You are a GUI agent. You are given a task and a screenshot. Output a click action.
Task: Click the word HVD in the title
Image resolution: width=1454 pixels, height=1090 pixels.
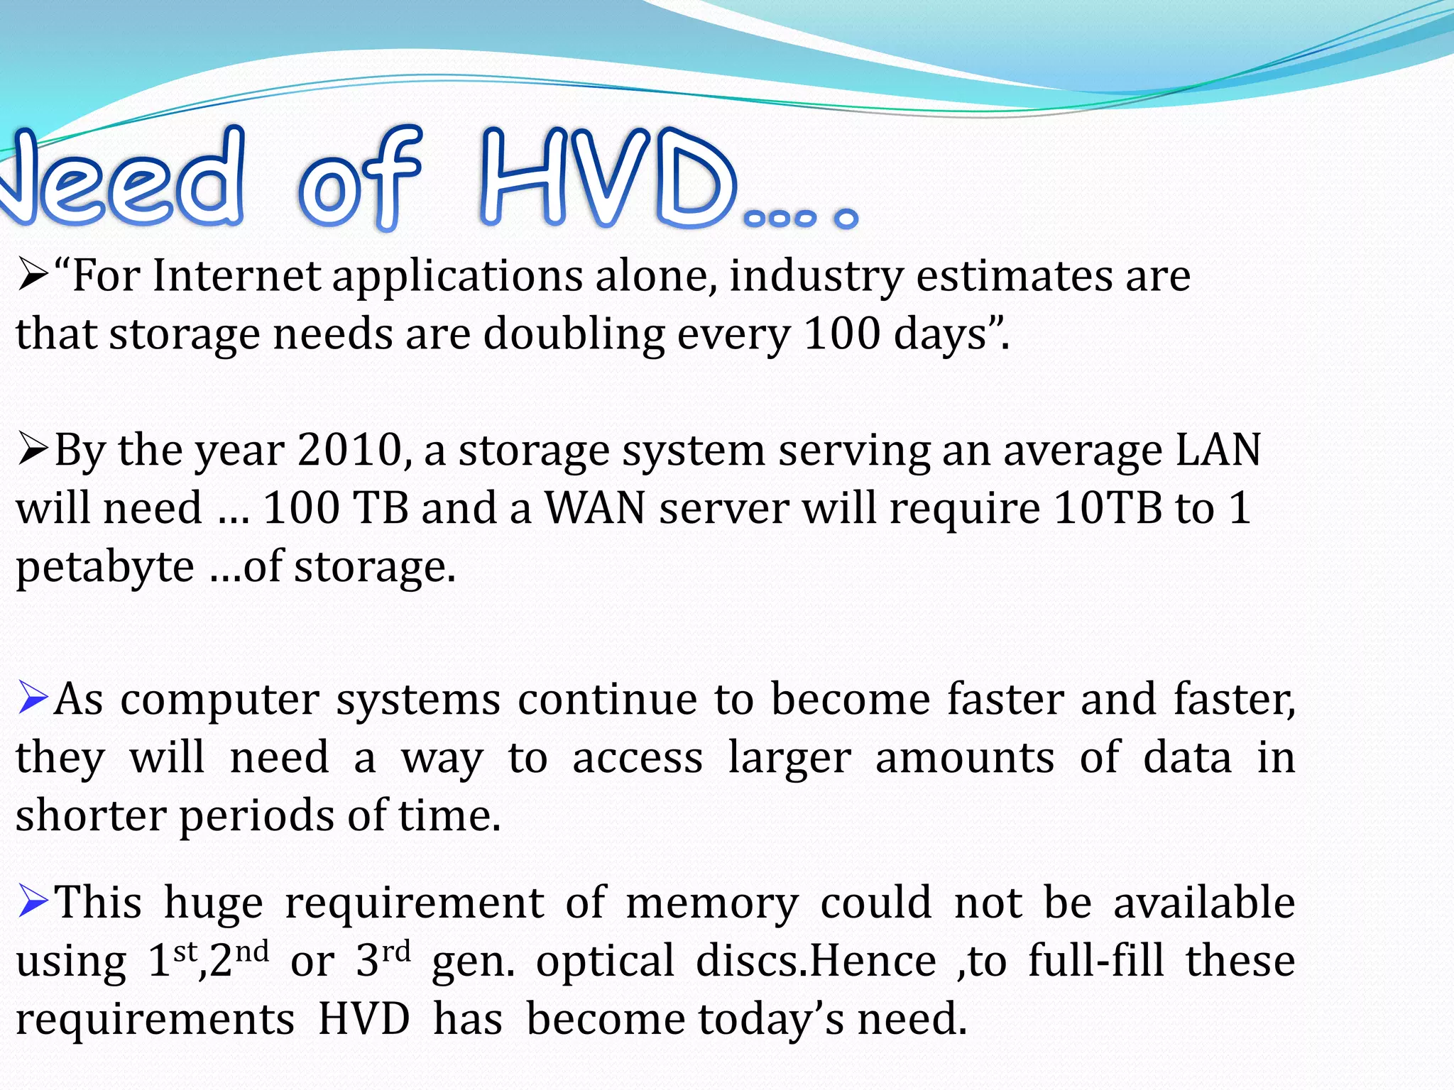607,177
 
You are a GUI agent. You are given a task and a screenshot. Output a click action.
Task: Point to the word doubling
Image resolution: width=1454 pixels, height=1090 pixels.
574,335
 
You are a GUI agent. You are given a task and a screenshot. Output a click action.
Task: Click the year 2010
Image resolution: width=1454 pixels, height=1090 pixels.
350,450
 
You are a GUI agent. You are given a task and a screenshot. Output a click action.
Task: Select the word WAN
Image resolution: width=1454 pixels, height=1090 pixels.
595,508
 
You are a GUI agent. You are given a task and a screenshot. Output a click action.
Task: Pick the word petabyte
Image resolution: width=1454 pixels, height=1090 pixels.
105,568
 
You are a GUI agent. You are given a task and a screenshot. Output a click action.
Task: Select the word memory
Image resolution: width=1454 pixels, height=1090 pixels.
712,903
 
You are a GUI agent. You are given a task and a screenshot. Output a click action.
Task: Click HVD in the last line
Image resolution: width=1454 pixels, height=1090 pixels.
364,1019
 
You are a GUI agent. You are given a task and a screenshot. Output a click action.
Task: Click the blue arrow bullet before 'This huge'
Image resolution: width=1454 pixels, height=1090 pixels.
33,901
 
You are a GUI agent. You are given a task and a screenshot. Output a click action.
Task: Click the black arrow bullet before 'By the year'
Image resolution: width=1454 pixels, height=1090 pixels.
33,450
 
